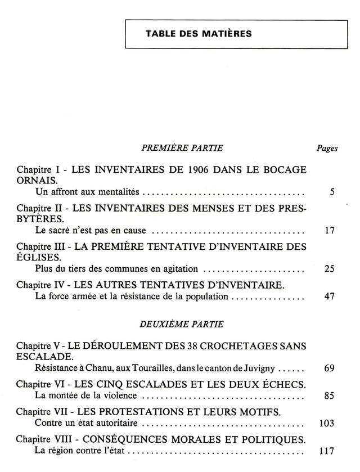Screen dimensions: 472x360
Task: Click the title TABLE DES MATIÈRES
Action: click(x=199, y=34)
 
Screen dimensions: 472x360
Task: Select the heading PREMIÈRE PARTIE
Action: click(x=182, y=148)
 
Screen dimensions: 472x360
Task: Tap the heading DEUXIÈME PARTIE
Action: click(x=181, y=324)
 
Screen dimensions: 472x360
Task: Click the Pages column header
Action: click(x=327, y=149)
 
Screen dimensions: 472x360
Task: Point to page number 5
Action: click(x=332, y=192)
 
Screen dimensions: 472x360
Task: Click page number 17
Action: click(x=330, y=230)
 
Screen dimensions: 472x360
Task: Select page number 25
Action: click(x=330, y=268)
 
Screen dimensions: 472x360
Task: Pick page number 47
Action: click(x=330, y=296)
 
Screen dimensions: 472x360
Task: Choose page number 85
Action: click(x=330, y=395)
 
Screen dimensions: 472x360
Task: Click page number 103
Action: click(x=327, y=423)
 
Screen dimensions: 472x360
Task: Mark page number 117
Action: click(x=327, y=451)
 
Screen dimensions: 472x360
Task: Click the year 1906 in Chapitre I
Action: click(x=200, y=170)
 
